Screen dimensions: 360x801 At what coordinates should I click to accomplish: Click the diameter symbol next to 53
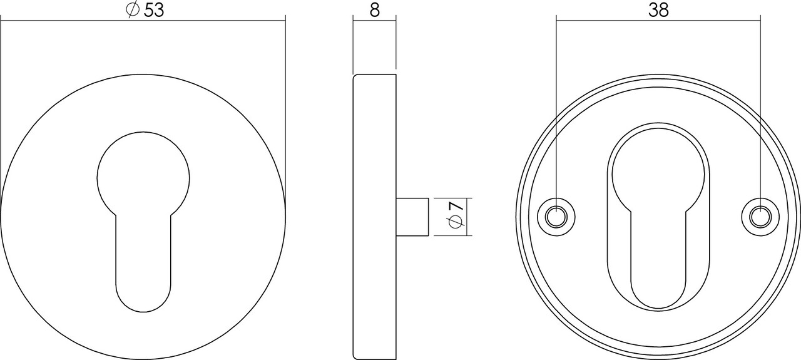click(x=133, y=11)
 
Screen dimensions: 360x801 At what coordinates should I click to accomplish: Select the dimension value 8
click(x=375, y=11)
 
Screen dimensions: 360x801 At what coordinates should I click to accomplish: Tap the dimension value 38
click(x=659, y=10)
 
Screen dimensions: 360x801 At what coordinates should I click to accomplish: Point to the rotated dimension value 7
click(x=456, y=205)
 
